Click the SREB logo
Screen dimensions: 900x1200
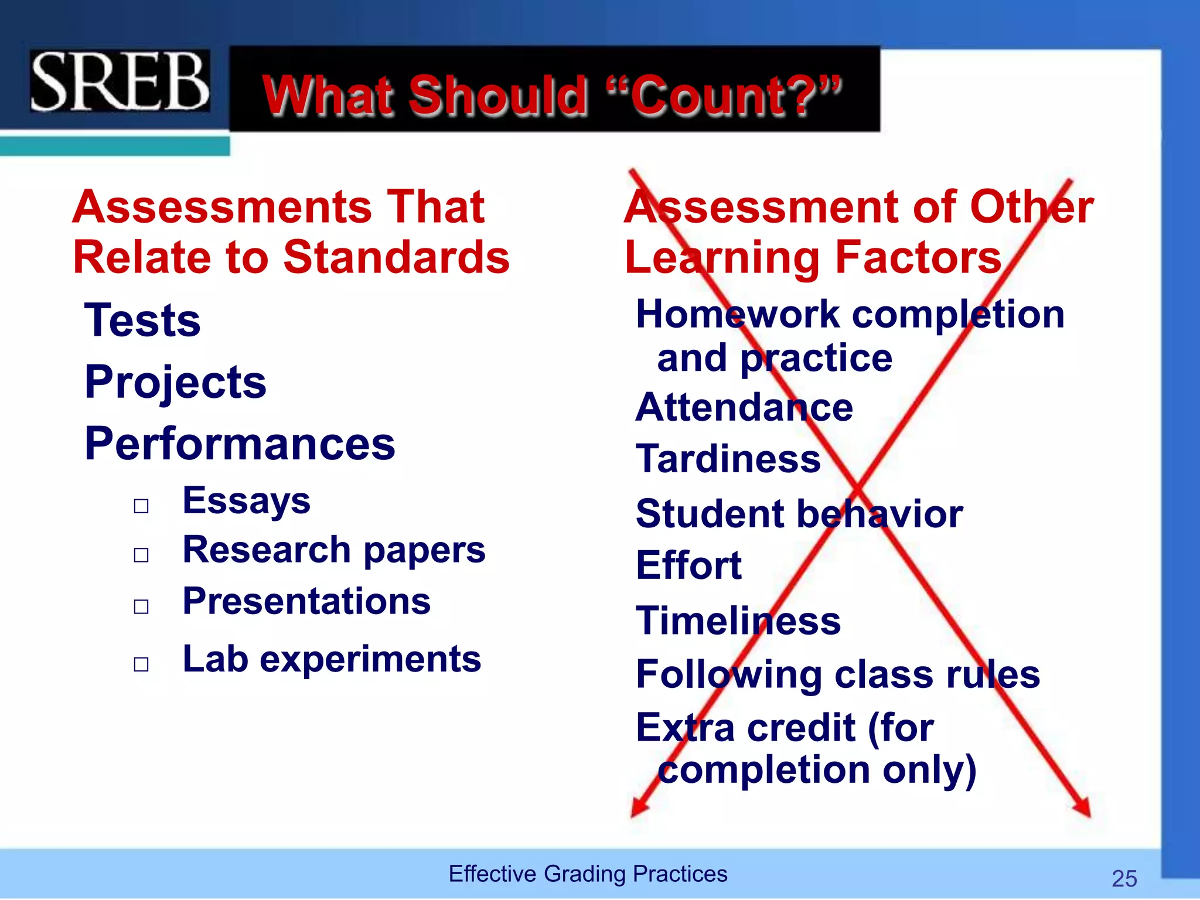tap(120, 81)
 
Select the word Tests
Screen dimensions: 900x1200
tap(142, 321)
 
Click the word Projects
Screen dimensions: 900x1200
tap(175, 382)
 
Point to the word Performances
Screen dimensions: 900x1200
tap(240, 444)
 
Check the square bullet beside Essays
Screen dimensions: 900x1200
tap(141, 506)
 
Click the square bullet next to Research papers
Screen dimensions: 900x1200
tap(141, 554)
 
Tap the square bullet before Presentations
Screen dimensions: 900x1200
tap(141, 606)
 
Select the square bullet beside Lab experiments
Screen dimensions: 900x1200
tap(141, 664)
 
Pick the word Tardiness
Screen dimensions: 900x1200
tap(728, 459)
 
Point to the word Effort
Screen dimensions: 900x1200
tap(689, 565)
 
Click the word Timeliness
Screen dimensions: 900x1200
tap(738, 621)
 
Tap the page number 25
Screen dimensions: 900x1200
tap(1124, 878)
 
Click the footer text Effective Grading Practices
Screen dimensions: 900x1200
tap(588, 874)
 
